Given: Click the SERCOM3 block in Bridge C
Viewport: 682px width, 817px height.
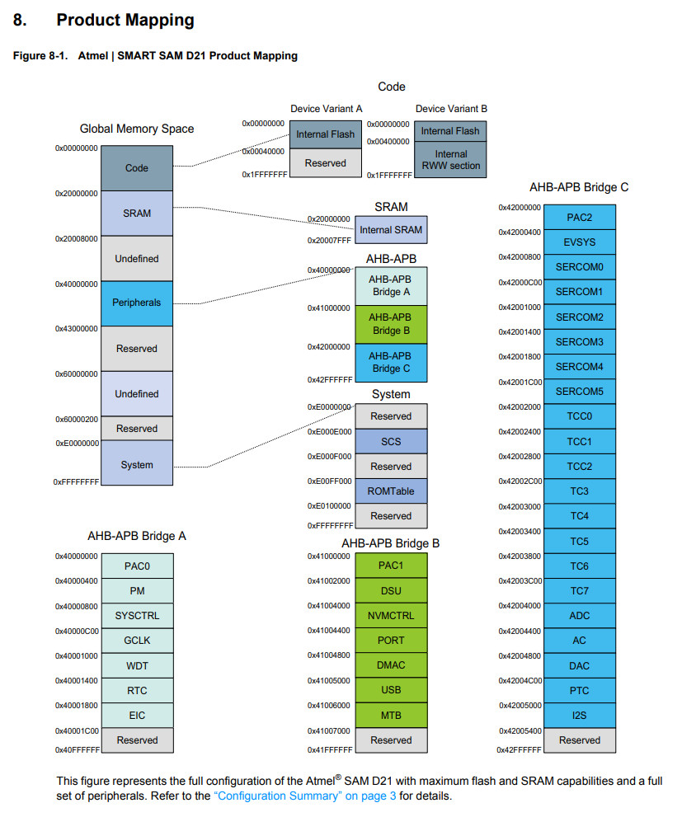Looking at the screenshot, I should pyautogui.click(x=579, y=341).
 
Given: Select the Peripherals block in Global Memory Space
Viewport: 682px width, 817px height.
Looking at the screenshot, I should pyautogui.click(x=137, y=303).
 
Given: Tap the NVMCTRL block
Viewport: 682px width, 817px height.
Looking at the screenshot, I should pyautogui.click(x=391, y=615).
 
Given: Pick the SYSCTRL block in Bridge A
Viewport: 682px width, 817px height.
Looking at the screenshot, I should pyautogui.click(x=137, y=615).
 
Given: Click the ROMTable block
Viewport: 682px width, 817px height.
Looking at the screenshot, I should pyautogui.click(x=391, y=491).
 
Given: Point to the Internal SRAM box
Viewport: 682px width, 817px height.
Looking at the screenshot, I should pyautogui.click(x=391, y=230).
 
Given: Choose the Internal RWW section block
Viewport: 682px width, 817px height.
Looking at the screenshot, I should pyautogui.click(x=450, y=159).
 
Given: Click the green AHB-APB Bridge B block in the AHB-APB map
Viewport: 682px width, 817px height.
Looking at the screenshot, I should pyautogui.click(x=391, y=323).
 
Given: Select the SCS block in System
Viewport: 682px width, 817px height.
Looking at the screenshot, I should pyautogui.click(x=391, y=441).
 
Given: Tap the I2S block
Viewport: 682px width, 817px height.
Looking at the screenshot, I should pyautogui.click(x=579, y=715).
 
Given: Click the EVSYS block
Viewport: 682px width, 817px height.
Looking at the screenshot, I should pyautogui.click(x=579, y=242).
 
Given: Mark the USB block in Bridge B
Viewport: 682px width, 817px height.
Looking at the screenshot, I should pyautogui.click(x=391, y=689).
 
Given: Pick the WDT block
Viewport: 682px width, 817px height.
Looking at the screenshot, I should pyautogui.click(x=137, y=665).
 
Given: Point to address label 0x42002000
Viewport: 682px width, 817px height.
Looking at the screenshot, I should pyautogui.click(x=520, y=406).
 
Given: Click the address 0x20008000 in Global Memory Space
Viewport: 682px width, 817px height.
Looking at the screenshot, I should pyautogui.click(x=76, y=238).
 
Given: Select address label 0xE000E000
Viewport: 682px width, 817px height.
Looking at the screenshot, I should pyautogui.click(x=329, y=431).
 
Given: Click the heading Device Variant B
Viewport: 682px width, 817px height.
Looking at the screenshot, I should pyautogui.click(x=451, y=109).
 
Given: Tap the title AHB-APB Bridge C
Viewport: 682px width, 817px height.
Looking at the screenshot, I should pyautogui.click(x=579, y=187).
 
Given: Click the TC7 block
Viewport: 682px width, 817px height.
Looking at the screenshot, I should pyautogui.click(x=579, y=590).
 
